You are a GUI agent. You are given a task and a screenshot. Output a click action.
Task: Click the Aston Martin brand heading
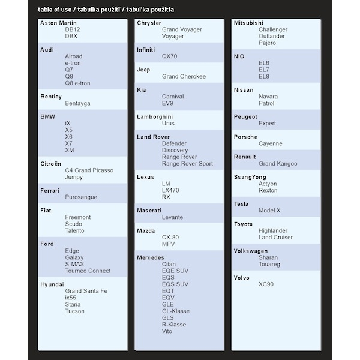coord(58,23)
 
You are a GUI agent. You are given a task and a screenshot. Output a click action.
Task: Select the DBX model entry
coord(71,36)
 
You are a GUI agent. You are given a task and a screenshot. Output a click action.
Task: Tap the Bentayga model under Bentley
coord(77,103)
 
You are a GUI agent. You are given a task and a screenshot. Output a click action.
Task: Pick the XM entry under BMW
coord(70,150)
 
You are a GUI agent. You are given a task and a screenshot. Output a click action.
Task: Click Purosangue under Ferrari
coord(81,197)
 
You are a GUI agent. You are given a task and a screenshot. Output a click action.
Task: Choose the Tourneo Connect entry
coord(88,271)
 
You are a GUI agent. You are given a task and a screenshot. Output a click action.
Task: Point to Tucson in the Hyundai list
coord(74,311)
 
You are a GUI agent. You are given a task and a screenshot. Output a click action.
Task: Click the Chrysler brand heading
coord(149,23)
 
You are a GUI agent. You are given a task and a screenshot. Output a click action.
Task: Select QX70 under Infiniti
coord(170,56)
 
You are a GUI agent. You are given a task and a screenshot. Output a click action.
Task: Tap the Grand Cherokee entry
coord(184,76)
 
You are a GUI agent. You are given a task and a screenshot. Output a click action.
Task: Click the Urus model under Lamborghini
coord(168,123)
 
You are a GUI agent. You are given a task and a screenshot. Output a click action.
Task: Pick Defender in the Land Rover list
coord(174,143)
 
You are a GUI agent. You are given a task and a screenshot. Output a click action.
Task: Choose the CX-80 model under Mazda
coord(170,237)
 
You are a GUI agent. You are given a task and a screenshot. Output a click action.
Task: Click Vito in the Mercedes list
coord(167,331)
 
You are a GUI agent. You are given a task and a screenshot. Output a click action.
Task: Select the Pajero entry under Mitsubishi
coord(267,43)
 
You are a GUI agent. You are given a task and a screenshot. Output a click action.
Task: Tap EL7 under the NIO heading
coord(264,70)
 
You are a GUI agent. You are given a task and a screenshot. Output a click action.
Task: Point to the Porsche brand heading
coord(245,137)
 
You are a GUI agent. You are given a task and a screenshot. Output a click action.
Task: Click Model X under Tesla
coord(269,211)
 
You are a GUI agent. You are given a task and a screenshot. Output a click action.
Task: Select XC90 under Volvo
coord(266,284)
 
